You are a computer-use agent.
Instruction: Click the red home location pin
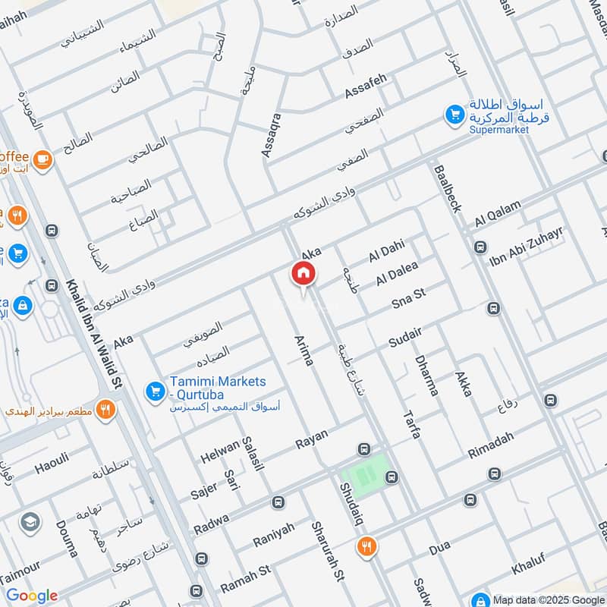[303, 274]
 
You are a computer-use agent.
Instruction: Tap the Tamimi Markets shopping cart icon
[155, 392]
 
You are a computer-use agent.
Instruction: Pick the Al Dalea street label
[397, 275]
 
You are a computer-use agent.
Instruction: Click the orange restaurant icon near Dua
[367, 546]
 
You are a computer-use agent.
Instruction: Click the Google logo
[32, 596]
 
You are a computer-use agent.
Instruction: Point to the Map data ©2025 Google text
[548, 598]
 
